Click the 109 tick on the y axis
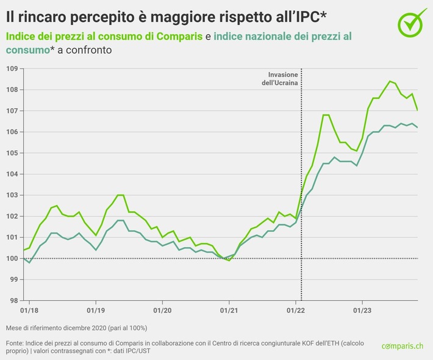pyautogui.click(x=12, y=68)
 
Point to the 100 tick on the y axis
pyautogui.click(x=12, y=258)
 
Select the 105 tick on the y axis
pyautogui.click(x=12, y=153)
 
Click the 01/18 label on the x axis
pyautogui.click(x=29, y=309)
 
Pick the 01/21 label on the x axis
pyautogui.click(x=229, y=309)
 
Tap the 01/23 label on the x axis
pyautogui.click(x=362, y=309)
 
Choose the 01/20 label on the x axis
pyautogui.click(x=162, y=309)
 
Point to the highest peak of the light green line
pyautogui.click(x=390, y=81)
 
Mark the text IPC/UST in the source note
pyautogui.click(x=146, y=352)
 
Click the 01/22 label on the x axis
pyautogui.click(x=296, y=309)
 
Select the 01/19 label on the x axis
pyautogui.click(x=96, y=309)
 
